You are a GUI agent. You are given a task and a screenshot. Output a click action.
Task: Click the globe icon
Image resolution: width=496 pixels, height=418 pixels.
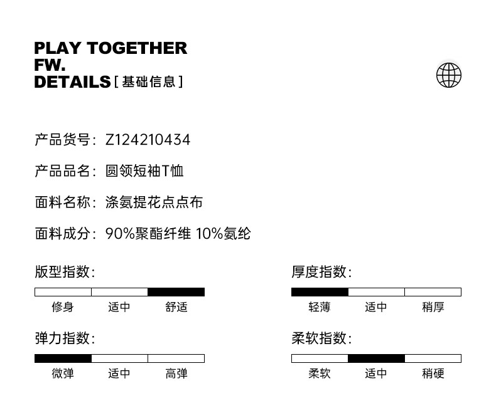[448, 75]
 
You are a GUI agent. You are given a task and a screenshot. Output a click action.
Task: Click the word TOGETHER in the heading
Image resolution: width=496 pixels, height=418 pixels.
[137, 48]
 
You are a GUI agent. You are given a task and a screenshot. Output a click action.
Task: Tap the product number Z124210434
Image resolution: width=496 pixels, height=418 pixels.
[148, 140]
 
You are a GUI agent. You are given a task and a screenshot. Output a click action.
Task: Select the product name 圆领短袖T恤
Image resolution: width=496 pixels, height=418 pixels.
[144, 171]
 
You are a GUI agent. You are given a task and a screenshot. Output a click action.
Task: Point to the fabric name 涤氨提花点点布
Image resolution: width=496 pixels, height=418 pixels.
[154, 202]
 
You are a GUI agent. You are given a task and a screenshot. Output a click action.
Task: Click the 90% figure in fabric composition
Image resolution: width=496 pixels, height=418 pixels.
[120, 234]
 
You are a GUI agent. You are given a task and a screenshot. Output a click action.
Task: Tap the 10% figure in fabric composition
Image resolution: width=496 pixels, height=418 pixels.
[210, 234]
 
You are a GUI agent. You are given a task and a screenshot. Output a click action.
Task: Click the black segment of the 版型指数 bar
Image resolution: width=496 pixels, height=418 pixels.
[176, 292]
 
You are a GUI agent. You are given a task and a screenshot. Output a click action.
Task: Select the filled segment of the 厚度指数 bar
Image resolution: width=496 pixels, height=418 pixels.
[320, 292]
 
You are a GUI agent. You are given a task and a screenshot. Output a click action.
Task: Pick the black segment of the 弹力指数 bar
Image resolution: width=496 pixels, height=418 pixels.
[63, 358]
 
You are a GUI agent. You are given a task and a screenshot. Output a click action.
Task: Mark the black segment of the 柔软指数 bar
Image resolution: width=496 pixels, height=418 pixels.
[377, 358]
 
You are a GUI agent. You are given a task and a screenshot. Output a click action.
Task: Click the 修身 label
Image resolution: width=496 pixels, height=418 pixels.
[63, 307]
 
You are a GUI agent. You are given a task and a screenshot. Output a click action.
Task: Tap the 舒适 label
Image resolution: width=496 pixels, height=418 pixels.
[176, 307]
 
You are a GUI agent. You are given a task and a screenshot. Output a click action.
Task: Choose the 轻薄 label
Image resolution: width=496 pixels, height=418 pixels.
[320, 307]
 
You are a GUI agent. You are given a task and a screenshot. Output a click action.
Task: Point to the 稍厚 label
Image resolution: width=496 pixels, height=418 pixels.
[433, 307]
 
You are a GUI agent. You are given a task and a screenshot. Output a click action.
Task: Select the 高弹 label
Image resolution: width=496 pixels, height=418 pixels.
[176, 374]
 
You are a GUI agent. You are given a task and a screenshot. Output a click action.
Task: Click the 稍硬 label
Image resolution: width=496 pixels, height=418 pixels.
[433, 374]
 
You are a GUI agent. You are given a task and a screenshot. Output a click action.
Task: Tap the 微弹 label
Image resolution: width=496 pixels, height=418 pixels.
[63, 374]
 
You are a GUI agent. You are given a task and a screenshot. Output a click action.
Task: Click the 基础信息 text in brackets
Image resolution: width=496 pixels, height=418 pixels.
[149, 81]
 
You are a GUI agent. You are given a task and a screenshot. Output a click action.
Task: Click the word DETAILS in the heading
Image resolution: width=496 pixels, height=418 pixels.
[72, 82]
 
